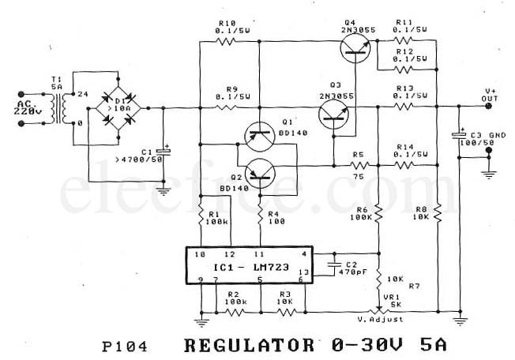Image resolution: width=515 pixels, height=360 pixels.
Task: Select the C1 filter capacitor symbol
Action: (163, 151)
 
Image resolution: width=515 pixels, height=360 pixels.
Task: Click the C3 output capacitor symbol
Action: (459, 136)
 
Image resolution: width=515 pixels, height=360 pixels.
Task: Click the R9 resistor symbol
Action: (227, 107)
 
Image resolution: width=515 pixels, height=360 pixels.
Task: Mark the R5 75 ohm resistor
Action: (360, 165)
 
